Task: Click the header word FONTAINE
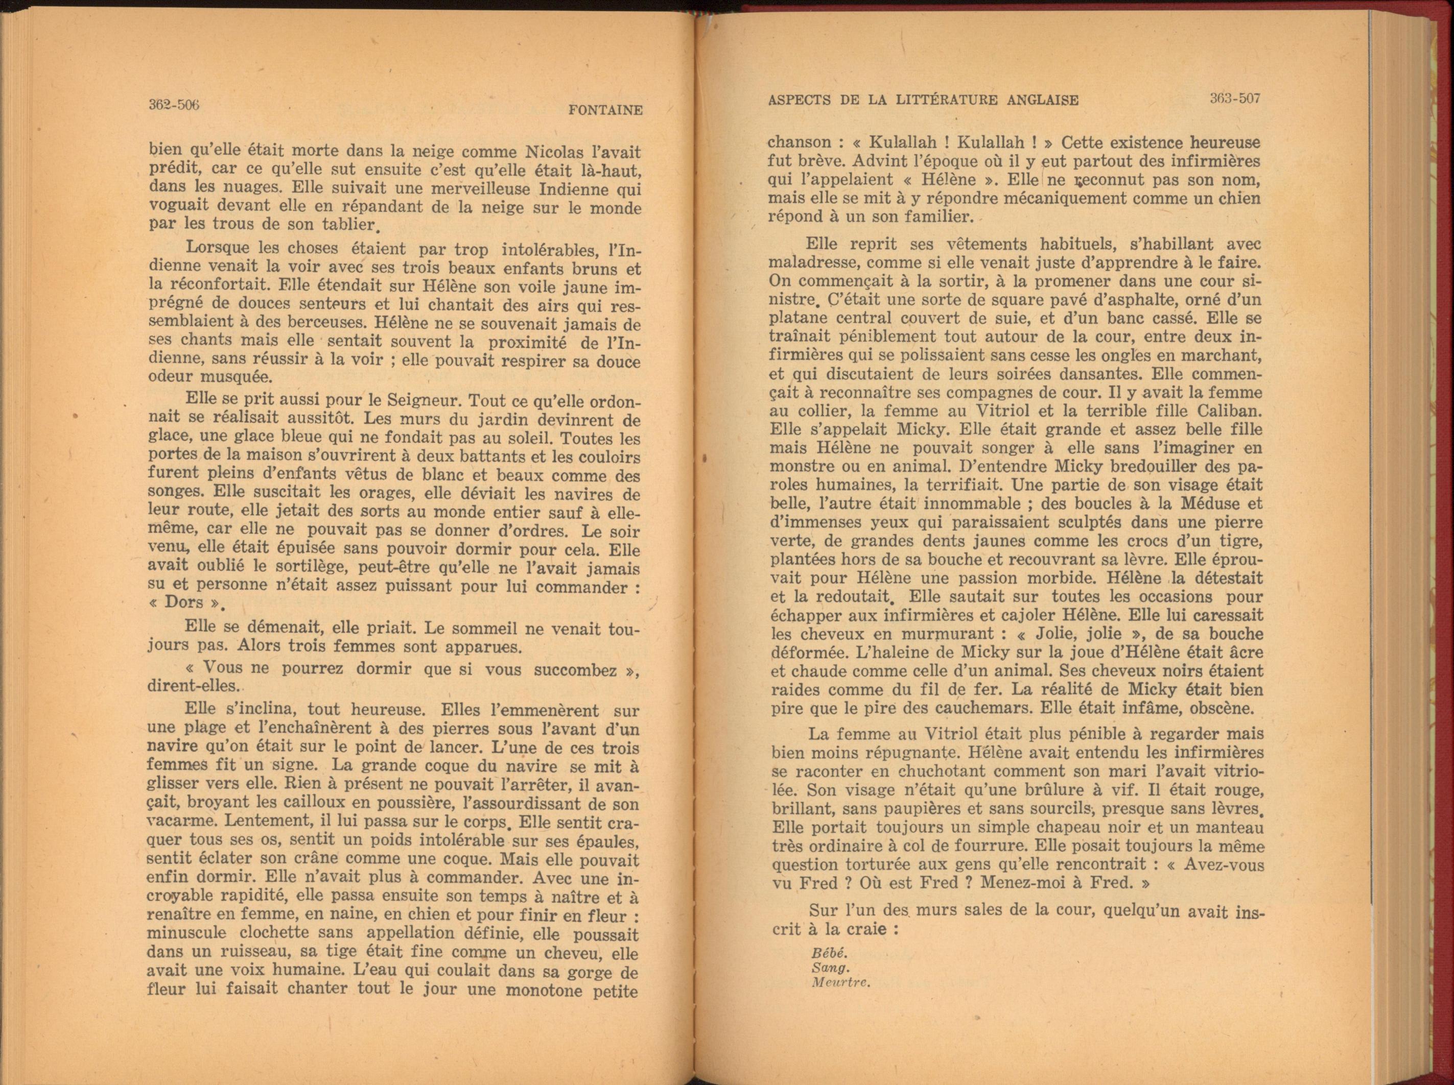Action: [x=604, y=110]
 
